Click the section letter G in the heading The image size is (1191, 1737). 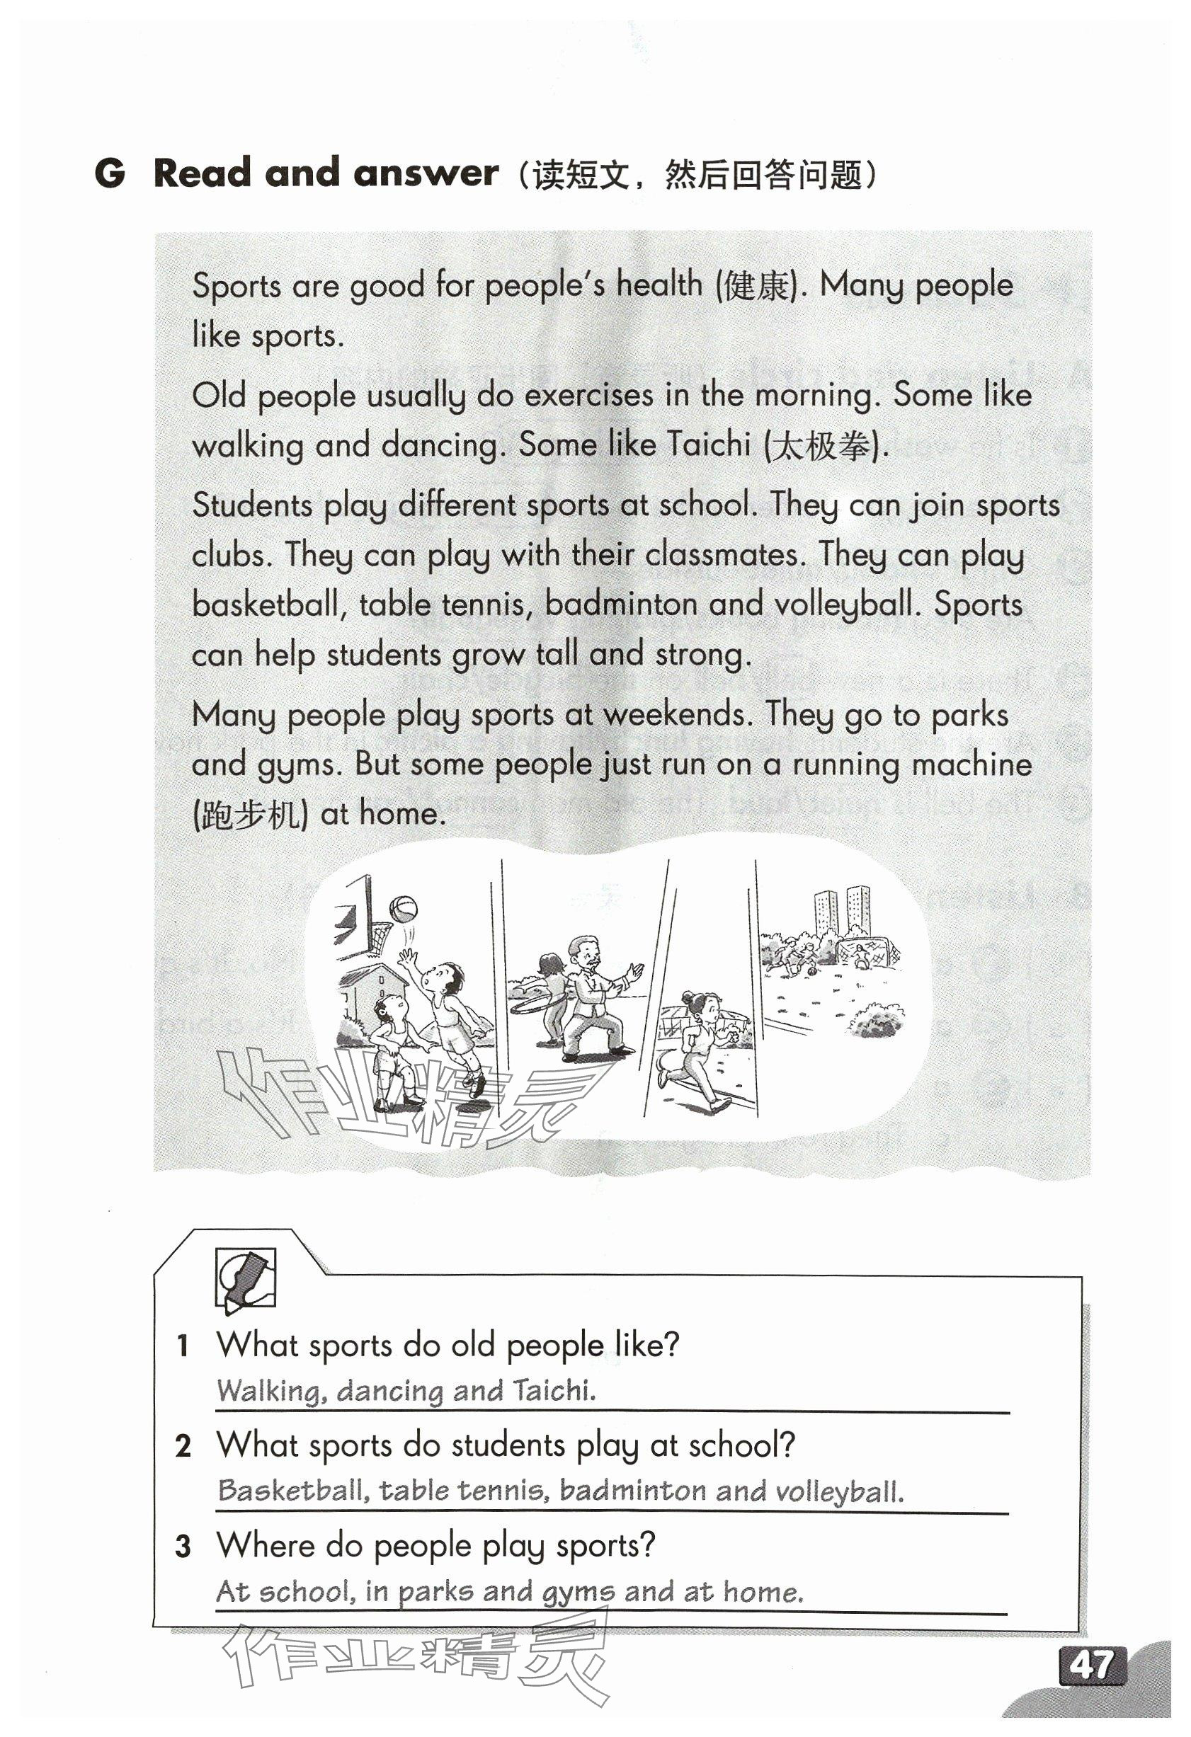tap(109, 173)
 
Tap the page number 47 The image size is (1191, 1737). tap(1092, 1666)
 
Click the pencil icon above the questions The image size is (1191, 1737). tap(245, 1279)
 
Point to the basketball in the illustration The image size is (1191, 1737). tap(403, 910)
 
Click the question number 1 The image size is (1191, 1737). tap(183, 1346)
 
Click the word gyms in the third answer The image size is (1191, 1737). tap(579, 1593)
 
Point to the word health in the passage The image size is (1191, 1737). tap(659, 285)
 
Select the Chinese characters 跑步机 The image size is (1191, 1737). tap(251, 815)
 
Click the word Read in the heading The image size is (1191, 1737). tap(202, 173)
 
